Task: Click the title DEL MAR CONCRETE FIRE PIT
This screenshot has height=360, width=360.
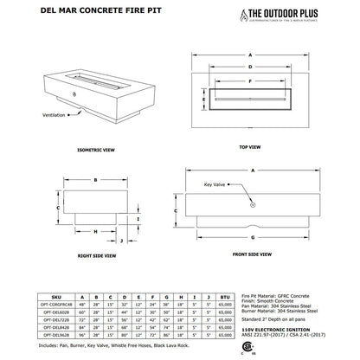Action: pyautogui.click(x=71, y=12)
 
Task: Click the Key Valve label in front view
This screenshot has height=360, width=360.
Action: pyautogui.click(x=216, y=184)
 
